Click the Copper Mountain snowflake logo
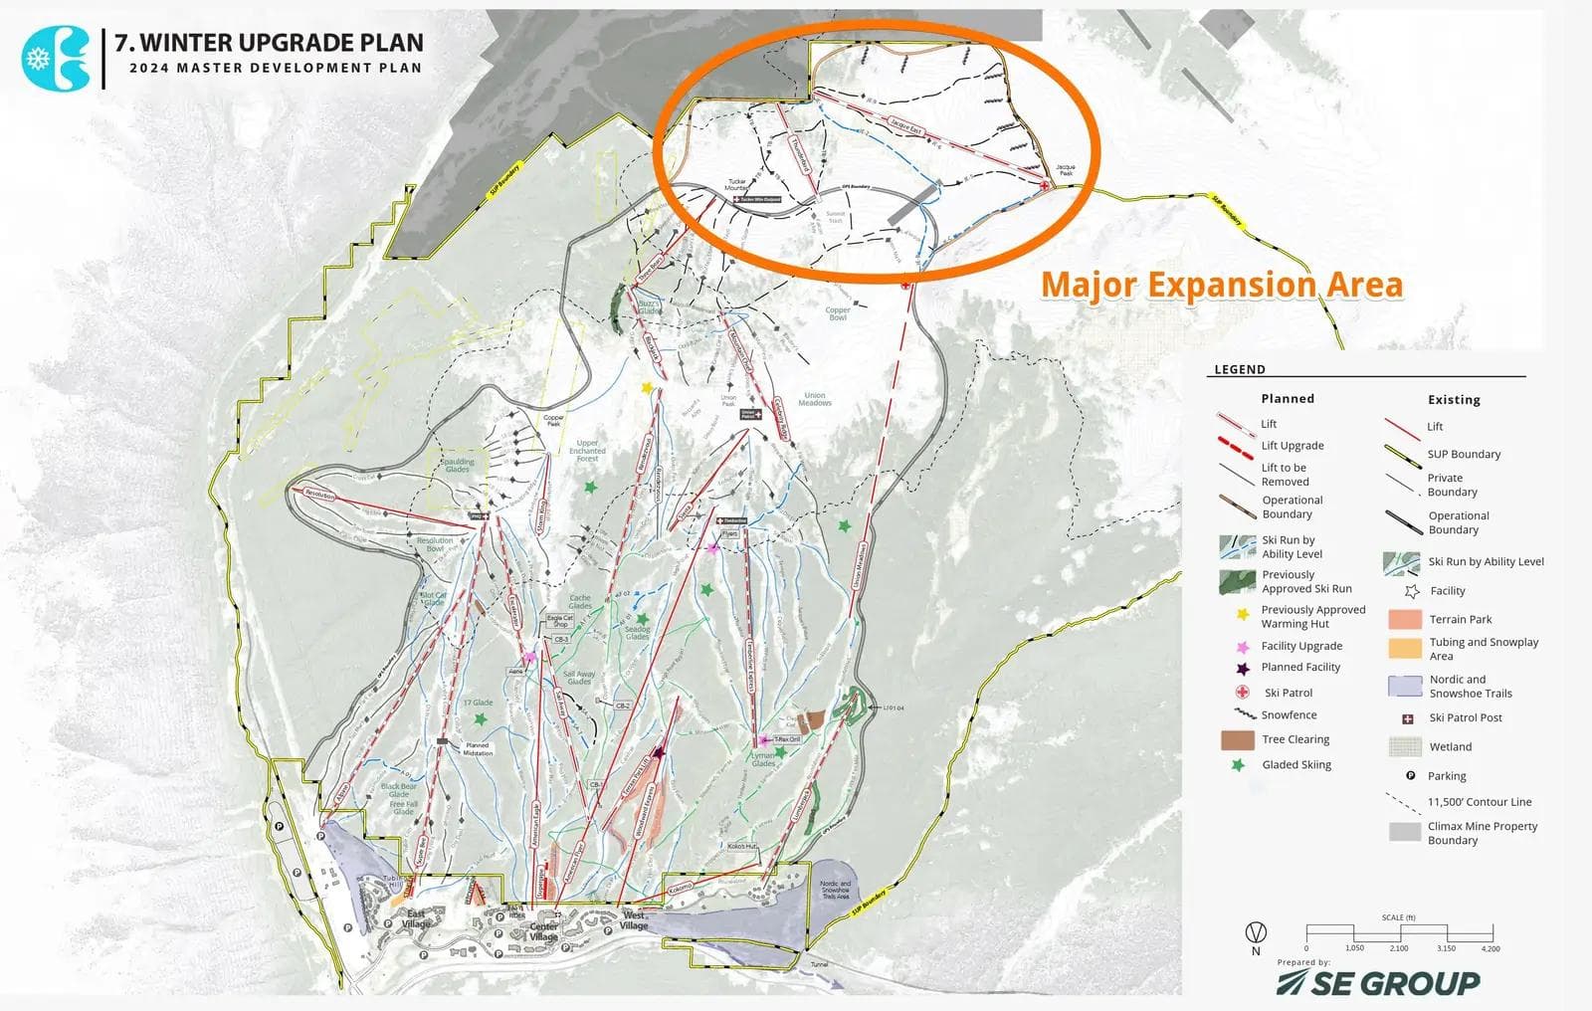(55, 57)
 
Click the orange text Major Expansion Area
(1221, 286)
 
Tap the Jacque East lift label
(906, 126)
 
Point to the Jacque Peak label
(1065, 170)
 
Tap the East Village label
(416, 918)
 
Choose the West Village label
(634, 920)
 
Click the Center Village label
(543, 931)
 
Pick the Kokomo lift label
(680, 888)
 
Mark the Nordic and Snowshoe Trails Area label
(836, 890)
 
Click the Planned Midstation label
(477, 749)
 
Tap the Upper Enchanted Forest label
(587, 451)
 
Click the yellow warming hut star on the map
(648, 388)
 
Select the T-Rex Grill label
(787, 739)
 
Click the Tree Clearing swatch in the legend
(1237, 740)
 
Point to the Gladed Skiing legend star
(1238, 765)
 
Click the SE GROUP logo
(1378, 983)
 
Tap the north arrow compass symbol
(1257, 933)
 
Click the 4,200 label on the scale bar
(1490, 949)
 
